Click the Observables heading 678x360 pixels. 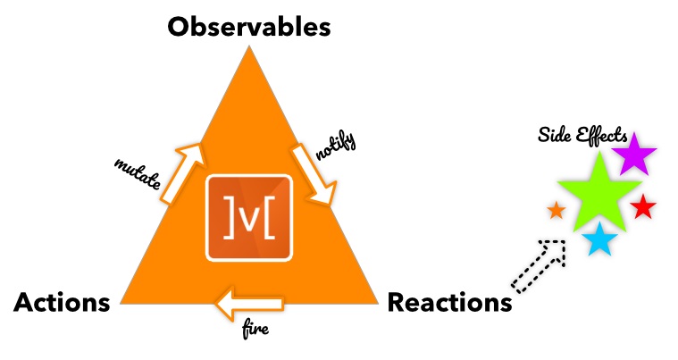click(249, 27)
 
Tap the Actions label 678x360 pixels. click(62, 302)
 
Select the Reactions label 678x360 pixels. click(449, 302)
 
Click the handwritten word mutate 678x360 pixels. click(138, 174)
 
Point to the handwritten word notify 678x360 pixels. click(336, 146)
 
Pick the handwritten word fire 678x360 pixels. click(255, 330)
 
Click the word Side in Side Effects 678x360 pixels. click(552, 135)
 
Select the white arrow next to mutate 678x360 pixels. click(182, 173)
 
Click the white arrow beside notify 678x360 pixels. click(314, 174)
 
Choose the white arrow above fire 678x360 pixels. click(249, 304)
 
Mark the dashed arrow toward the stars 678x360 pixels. click(540, 266)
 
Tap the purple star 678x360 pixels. click(634, 155)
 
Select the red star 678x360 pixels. click(643, 207)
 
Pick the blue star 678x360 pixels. click(599, 240)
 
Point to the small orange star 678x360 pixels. click(557, 211)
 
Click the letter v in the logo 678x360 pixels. click(249, 221)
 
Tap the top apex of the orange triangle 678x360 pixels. click(249, 46)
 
